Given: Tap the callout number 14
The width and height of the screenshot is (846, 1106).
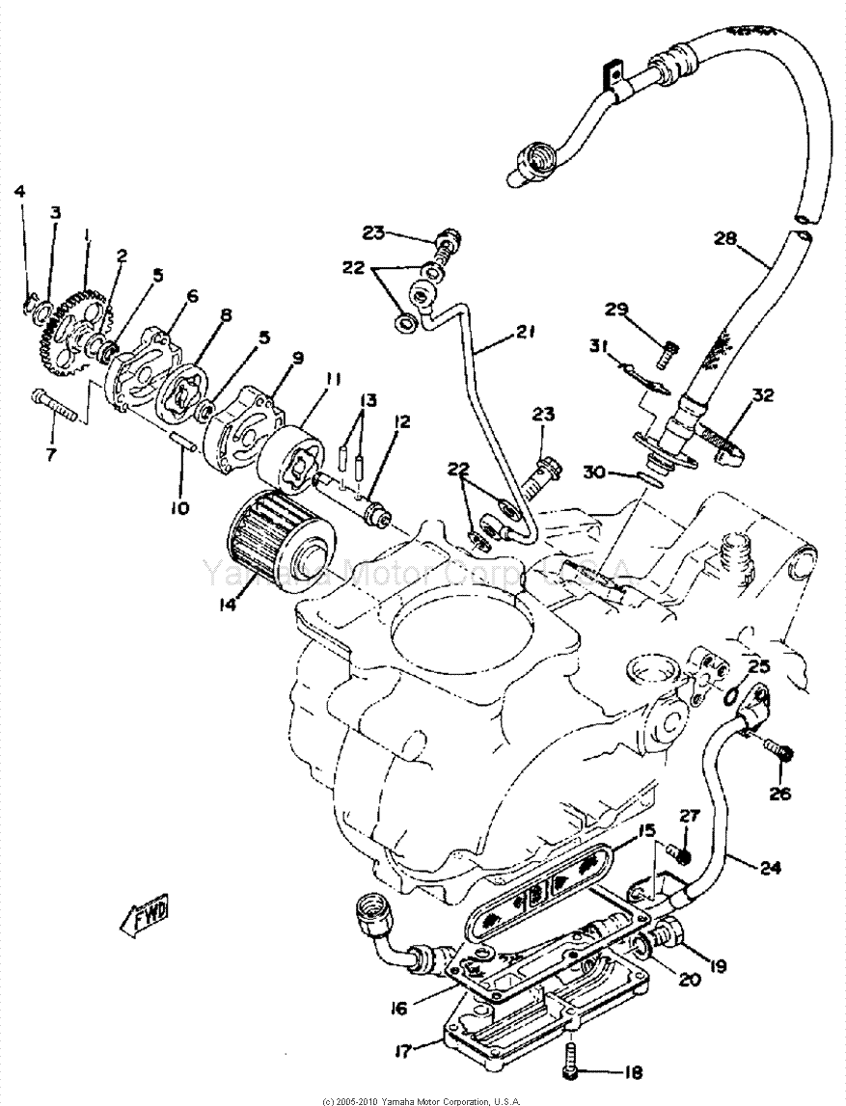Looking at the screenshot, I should click(230, 607).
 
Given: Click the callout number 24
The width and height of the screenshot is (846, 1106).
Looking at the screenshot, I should click(769, 866).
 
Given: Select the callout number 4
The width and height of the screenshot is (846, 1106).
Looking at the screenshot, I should click(20, 190).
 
